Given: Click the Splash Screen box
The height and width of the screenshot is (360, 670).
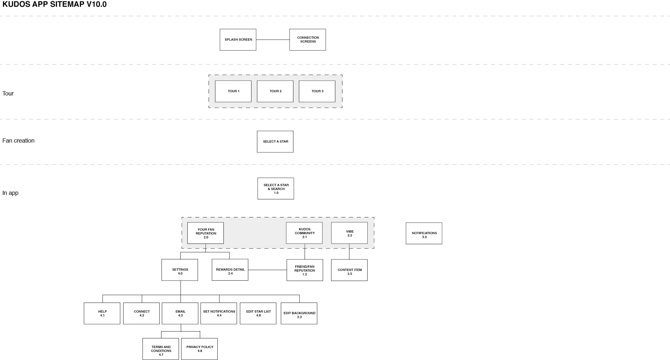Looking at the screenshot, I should pos(238,40).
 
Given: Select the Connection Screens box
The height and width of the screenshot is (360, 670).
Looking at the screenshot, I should pos(308,40).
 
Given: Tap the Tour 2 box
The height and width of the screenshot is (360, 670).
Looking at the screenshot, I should pos(275,91).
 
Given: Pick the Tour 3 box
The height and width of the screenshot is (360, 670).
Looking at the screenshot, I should pos(317,91).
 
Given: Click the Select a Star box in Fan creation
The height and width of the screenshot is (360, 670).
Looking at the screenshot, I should pos(275,142).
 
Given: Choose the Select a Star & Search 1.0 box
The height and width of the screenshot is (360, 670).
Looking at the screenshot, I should pos(276,188).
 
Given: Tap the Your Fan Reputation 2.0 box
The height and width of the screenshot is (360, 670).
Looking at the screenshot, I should pos(205,233).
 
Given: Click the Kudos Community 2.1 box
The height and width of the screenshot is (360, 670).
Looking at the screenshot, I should pos(304,233).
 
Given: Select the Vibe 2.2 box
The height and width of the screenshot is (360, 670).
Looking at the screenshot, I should pos(349,233).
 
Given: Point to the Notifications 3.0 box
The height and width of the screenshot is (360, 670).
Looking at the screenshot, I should pos(424,233).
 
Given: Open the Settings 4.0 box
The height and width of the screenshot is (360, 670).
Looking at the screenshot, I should pos(180,270).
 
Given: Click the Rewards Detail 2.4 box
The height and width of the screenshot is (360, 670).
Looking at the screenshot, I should pos(230,270).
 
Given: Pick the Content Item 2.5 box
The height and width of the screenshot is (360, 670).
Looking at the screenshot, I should pos(349,270).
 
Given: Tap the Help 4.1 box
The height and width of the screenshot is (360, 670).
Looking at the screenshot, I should pos(102,314).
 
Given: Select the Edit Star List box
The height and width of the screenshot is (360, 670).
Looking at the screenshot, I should pos(258,314).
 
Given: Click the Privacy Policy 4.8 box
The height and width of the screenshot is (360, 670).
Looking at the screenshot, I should pos(199,349).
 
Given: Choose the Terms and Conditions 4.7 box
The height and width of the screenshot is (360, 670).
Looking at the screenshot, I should pos(161,349).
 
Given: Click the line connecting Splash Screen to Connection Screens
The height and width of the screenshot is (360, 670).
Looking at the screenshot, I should pos(273,40).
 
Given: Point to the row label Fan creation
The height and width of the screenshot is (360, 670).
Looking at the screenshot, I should pos(18,141).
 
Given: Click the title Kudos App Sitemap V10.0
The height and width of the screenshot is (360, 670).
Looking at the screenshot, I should pos(54,5).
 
